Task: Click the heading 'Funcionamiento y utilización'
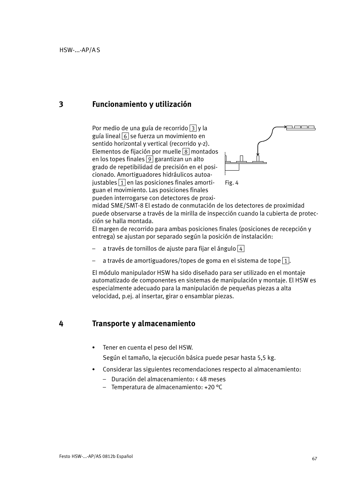pyautogui.click(x=142, y=104)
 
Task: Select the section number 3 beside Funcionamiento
pyautogui.click(x=61, y=104)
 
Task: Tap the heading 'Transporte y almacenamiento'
pyautogui.click(x=143, y=324)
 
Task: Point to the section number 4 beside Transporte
pyautogui.click(x=61, y=324)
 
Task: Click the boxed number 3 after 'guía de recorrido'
pyautogui.click(x=193, y=128)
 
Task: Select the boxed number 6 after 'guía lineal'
pyautogui.click(x=125, y=136)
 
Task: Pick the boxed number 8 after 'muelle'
pyautogui.click(x=186, y=152)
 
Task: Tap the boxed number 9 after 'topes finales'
pyautogui.click(x=149, y=159)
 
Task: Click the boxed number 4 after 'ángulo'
pyautogui.click(x=241, y=249)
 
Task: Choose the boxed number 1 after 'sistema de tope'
pyautogui.click(x=286, y=261)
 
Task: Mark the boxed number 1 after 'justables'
pyautogui.click(x=122, y=183)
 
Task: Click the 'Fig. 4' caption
pyautogui.click(x=232, y=183)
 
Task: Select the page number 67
pyautogui.click(x=314, y=459)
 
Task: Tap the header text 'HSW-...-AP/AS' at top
pyautogui.click(x=80, y=50)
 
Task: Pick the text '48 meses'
pyautogui.click(x=213, y=379)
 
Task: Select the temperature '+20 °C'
pyautogui.click(x=213, y=387)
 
